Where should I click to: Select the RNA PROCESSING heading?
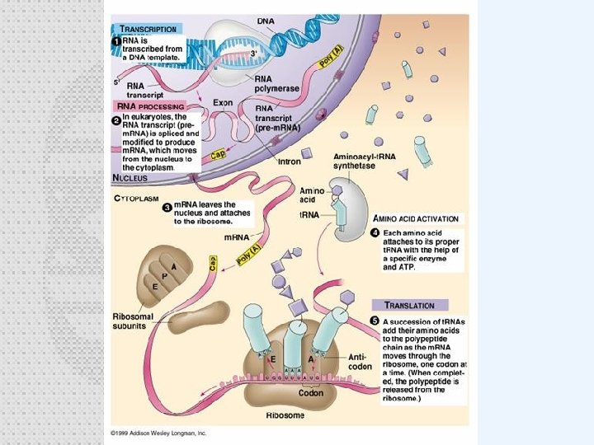point(148,106)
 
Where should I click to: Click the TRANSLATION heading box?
point(409,304)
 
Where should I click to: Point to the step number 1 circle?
point(116,40)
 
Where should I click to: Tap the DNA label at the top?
point(266,19)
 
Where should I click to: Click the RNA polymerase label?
point(272,82)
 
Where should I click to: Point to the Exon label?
point(222,103)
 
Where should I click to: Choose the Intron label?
point(289,162)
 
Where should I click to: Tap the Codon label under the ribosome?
point(311,393)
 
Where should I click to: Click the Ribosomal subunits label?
point(130,321)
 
